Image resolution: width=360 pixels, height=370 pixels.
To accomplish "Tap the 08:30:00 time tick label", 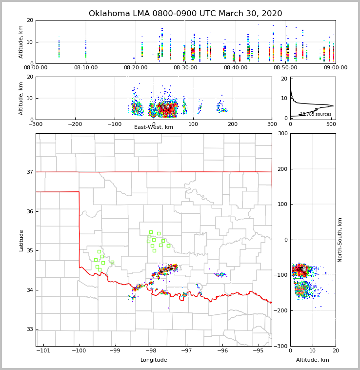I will click(x=185, y=68).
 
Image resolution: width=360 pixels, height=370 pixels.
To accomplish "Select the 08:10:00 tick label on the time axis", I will click(x=86, y=68).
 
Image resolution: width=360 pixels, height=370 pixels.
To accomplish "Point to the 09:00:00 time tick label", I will click(x=336, y=68).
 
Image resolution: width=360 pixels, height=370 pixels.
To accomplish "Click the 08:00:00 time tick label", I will click(x=36, y=68).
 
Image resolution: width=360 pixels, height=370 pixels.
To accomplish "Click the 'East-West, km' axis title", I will click(x=154, y=127).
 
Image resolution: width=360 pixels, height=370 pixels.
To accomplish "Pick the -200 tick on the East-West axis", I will click(x=75, y=124).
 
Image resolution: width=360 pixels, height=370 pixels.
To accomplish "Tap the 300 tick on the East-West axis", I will click(x=272, y=124).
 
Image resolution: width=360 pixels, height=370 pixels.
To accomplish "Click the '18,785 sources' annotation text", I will click(x=316, y=114).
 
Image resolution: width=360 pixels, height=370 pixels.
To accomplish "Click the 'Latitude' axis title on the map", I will click(x=21, y=240).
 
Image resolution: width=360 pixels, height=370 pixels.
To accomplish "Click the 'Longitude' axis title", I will click(x=154, y=360).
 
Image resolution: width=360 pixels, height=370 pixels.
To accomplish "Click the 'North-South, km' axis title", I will click(x=340, y=240).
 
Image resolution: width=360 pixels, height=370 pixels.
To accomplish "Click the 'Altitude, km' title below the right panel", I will click(x=313, y=360).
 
